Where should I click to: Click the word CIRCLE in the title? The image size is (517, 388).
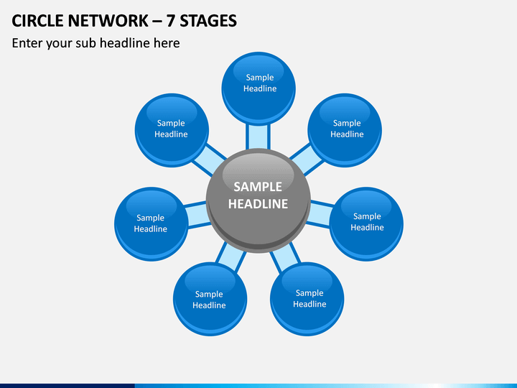pyautogui.click(x=37, y=21)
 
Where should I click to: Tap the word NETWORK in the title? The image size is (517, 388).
pyautogui.click(x=108, y=21)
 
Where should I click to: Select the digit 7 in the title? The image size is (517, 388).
pyautogui.click(x=170, y=21)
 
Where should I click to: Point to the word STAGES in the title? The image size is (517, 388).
pyautogui.click(x=208, y=21)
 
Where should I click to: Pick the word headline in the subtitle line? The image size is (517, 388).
pyautogui.click(x=125, y=43)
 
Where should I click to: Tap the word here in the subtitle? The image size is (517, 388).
pyautogui.click(x=167, y=43)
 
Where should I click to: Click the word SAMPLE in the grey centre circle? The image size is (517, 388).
pyautogui.click(x=258, y=187)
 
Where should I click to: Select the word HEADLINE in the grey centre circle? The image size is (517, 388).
pyautogui.click(x=258, y=204)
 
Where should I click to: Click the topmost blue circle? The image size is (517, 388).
pyautogui.click(x=258, y=88)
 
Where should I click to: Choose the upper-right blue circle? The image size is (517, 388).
pyautogui.click(x=345, y=130)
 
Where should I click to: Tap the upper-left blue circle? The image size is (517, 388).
pyautogui.click(x=172, y=130)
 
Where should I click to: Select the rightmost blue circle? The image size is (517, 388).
pyautogui.click(x=366, y=224)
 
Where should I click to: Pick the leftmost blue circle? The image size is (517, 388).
pyautogui.click(x=152, y=224)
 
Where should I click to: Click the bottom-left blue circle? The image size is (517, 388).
pyautogui.click(x=210, y=299)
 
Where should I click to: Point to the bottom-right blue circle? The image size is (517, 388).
pyautogui.click(x=307, y=299)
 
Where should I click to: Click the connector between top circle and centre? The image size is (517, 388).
pyautogui.click(x=258, y=137)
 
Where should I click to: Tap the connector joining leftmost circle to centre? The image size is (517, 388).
pyautogui.click(x=197, y=214)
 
